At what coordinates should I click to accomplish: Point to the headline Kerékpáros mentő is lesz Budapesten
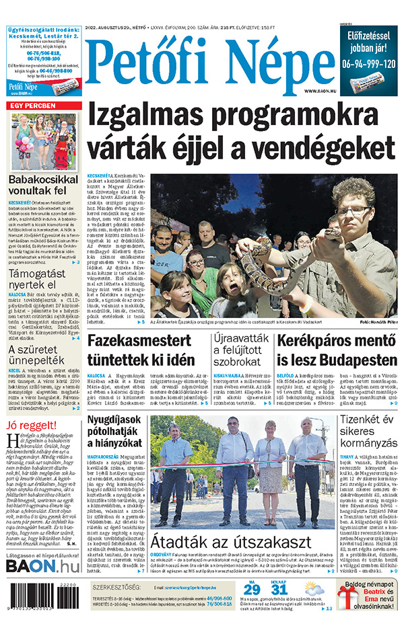tap(335, 350)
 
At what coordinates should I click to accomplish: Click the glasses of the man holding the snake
tap(355, 211)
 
